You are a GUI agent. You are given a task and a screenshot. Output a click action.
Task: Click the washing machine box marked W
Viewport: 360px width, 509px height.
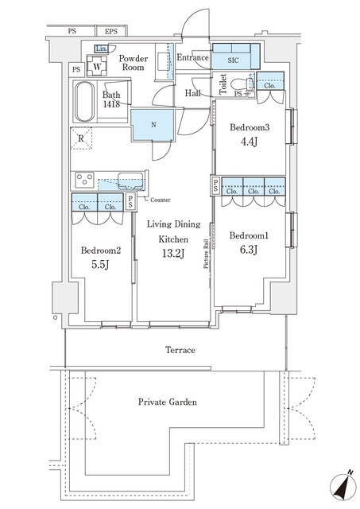tap(97, 68)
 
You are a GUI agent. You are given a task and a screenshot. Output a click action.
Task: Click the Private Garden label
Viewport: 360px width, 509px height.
tap(165, 402)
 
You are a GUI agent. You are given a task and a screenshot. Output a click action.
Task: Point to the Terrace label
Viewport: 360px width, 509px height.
tap(180, 349)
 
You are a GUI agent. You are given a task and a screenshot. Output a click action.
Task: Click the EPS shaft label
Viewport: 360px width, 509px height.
tap(111, 32)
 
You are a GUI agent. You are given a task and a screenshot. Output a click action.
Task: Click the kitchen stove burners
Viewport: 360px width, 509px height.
tap(84, 179)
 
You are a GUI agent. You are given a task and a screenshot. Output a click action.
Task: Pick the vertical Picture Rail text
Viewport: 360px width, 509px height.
tap(206, 254)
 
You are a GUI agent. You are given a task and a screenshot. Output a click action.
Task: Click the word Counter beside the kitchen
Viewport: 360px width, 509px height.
tap(159, 200)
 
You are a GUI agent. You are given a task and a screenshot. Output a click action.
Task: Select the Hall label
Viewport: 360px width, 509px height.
tap(192, 94)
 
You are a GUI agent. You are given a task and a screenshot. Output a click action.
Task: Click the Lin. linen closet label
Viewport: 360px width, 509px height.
tap(101, 49)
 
